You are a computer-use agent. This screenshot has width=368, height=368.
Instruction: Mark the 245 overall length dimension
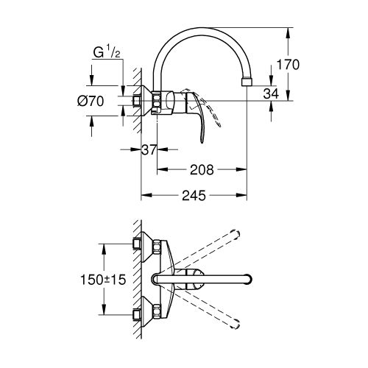(194, 196)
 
